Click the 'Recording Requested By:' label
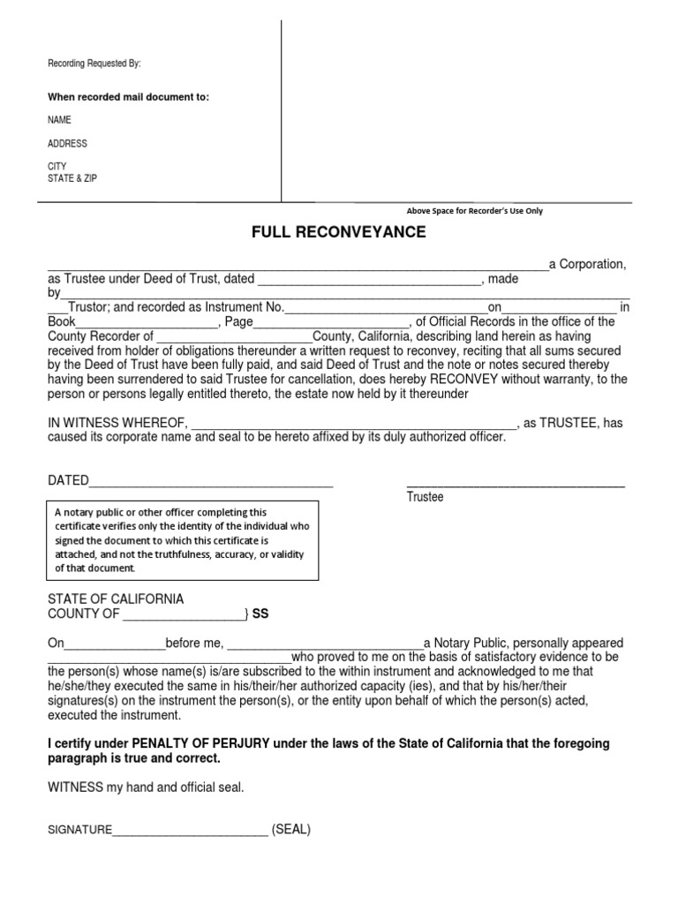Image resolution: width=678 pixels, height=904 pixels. [x=94, y=64]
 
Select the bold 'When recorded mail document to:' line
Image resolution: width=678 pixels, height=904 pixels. [x=128, y=96]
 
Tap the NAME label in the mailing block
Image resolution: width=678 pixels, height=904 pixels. [x=59, y=120]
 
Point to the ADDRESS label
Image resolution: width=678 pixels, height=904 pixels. [x=67, y=143]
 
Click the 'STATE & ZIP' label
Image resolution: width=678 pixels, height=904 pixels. [x=72, y=177]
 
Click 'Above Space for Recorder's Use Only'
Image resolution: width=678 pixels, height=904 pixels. [x=474, y=211]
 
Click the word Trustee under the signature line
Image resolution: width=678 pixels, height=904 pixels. [x=425, y=498]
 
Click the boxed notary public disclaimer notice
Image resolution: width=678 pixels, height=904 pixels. [x=182, y=540]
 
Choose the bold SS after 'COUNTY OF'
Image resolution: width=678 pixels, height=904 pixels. [x=260, y=614]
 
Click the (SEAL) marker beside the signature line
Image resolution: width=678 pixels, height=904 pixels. [x=291, y=830]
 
